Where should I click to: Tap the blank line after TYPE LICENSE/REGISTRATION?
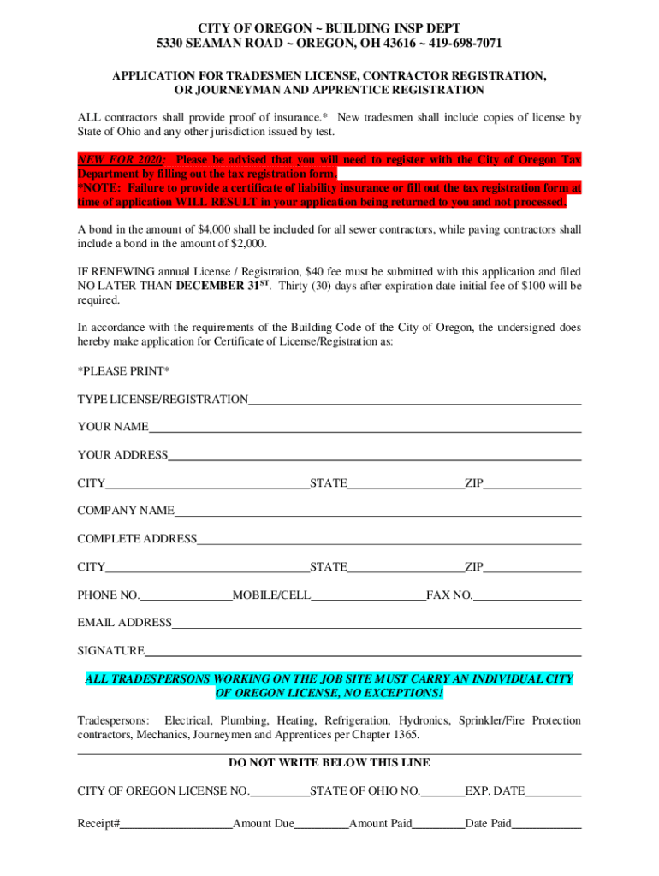(415, 400)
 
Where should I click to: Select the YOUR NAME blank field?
(365, 427)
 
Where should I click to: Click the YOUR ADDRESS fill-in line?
(375, 455)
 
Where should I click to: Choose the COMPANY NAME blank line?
(377, 511)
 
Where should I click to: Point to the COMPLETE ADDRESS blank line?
(389, 539)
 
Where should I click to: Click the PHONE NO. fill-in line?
(186, 595)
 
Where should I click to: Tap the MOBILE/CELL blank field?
(369, 595)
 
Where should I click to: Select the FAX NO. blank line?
(527, 595)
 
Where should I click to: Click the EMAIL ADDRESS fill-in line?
(377, 623)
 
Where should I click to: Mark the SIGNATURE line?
(363, 651)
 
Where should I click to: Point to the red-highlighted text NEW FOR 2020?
(122, 160)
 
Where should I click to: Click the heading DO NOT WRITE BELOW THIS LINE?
(329, 762)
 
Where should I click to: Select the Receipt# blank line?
(176, 824)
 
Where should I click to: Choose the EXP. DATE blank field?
(554, 791)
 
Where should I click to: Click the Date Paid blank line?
(547, 824)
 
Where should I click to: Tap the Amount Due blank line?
(322, 824)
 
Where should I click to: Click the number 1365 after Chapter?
(407, 736)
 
